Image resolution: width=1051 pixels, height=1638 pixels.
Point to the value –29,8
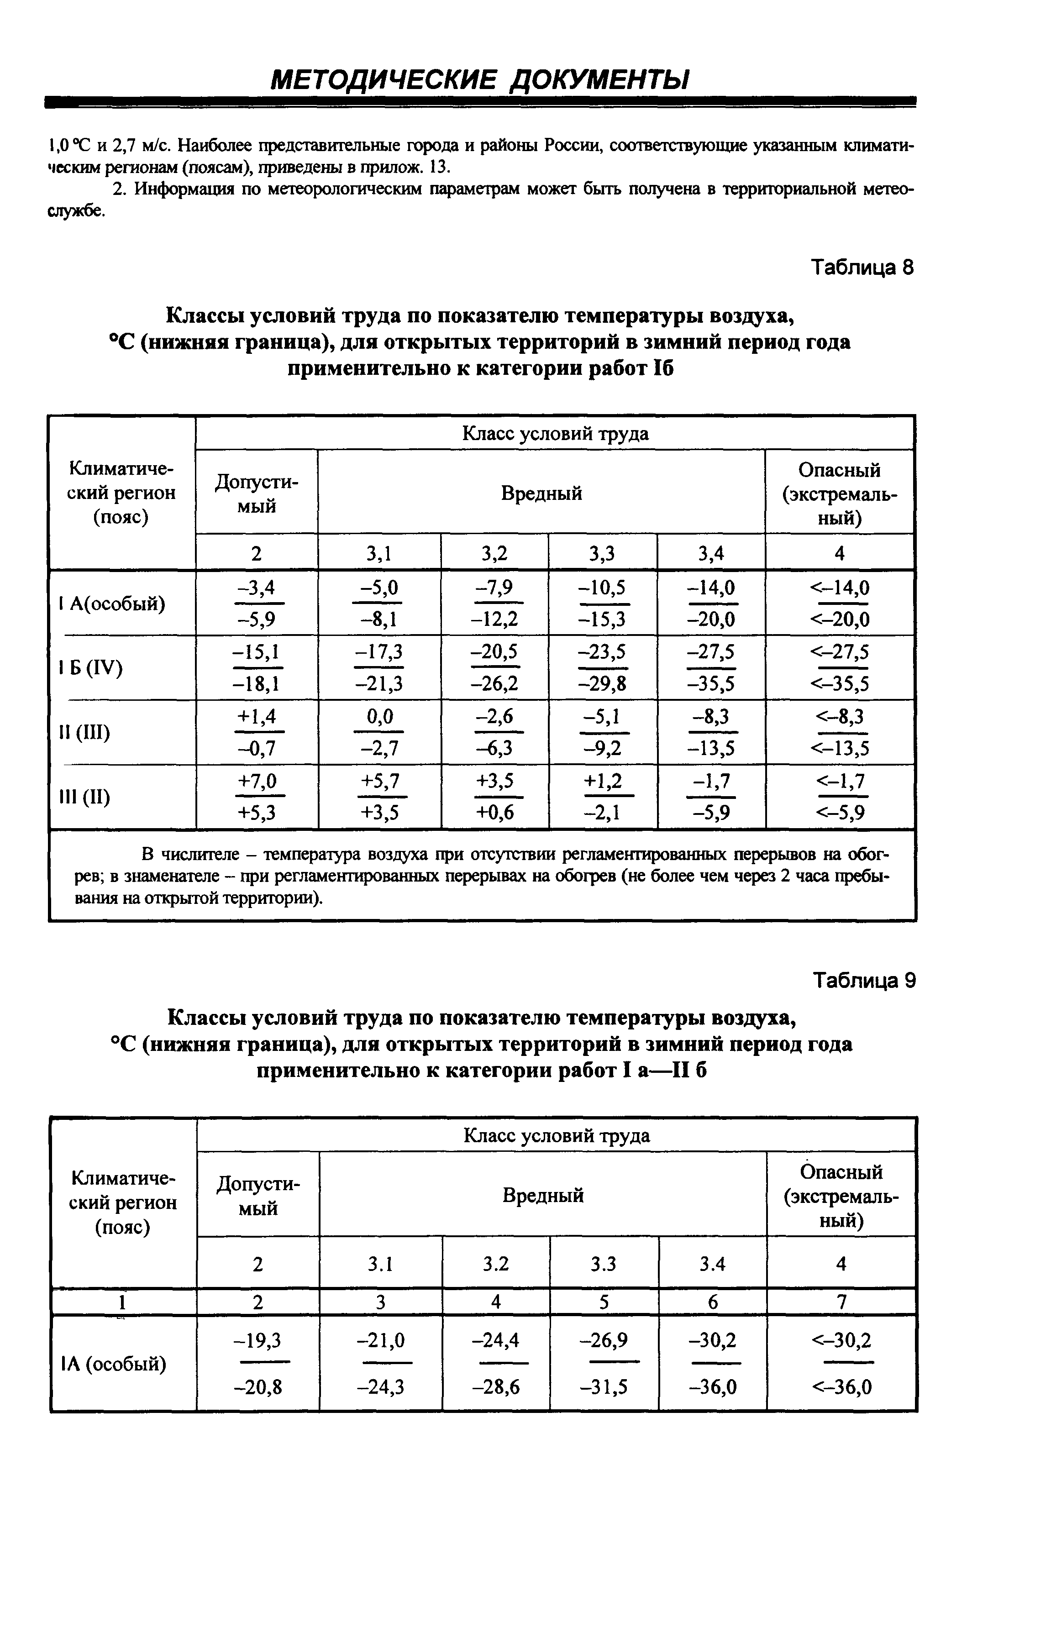coord(603,683)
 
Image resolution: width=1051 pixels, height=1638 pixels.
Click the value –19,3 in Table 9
coord(257,1340)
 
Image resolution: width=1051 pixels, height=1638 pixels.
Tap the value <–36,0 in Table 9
coord(841,1387)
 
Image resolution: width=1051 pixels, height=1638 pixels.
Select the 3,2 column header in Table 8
coord(495,552)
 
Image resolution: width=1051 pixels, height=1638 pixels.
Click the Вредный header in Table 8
coord(541,493)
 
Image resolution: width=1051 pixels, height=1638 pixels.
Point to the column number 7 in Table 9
coord(841,1302)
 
